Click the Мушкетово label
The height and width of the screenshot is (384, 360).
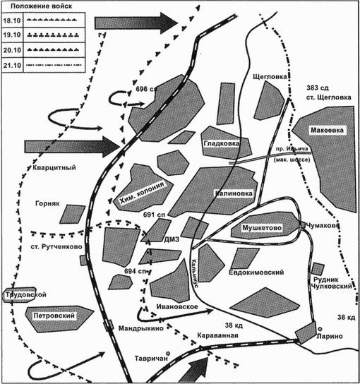[x=263, y=227]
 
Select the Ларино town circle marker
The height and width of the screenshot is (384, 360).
[x=320, y=328]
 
